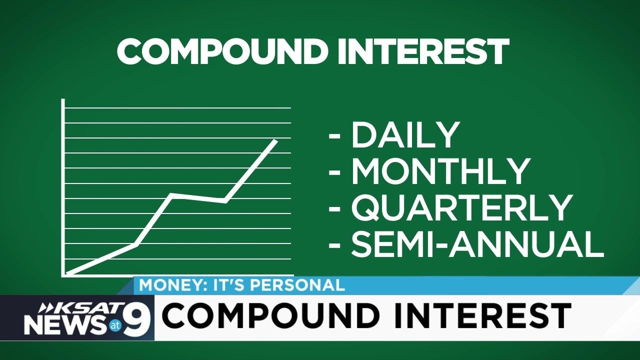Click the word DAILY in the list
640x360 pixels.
[x=405, y=135]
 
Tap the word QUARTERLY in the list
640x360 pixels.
[x=462, y=207]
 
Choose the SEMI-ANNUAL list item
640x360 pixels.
[x=477, y=244]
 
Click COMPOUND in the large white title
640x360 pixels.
[x=222, y=51]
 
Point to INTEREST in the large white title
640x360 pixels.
[x=423, y=51]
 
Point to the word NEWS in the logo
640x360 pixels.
[x=64, y=325]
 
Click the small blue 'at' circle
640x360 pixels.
[x=115, y=325]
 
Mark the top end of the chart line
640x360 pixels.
[x=275, y=140]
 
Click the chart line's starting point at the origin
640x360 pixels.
[x=66, y=274]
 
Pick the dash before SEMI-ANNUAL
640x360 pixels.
[x=334, y=245]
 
